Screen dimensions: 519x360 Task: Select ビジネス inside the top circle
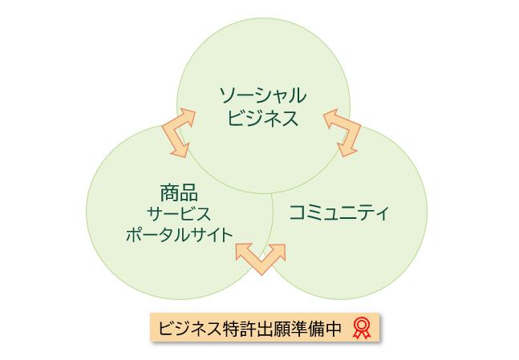[263, 119]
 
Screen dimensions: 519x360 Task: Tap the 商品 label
[178, 192]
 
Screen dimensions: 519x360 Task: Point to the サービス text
[178, 214]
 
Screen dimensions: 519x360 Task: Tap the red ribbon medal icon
[362, 327]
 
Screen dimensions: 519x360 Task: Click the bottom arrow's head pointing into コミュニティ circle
[278, 250]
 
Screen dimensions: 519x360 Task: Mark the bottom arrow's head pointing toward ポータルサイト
[243, 251]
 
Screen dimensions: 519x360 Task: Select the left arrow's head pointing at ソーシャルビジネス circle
[188, 116]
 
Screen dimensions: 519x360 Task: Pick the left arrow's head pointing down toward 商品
[181, 148]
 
